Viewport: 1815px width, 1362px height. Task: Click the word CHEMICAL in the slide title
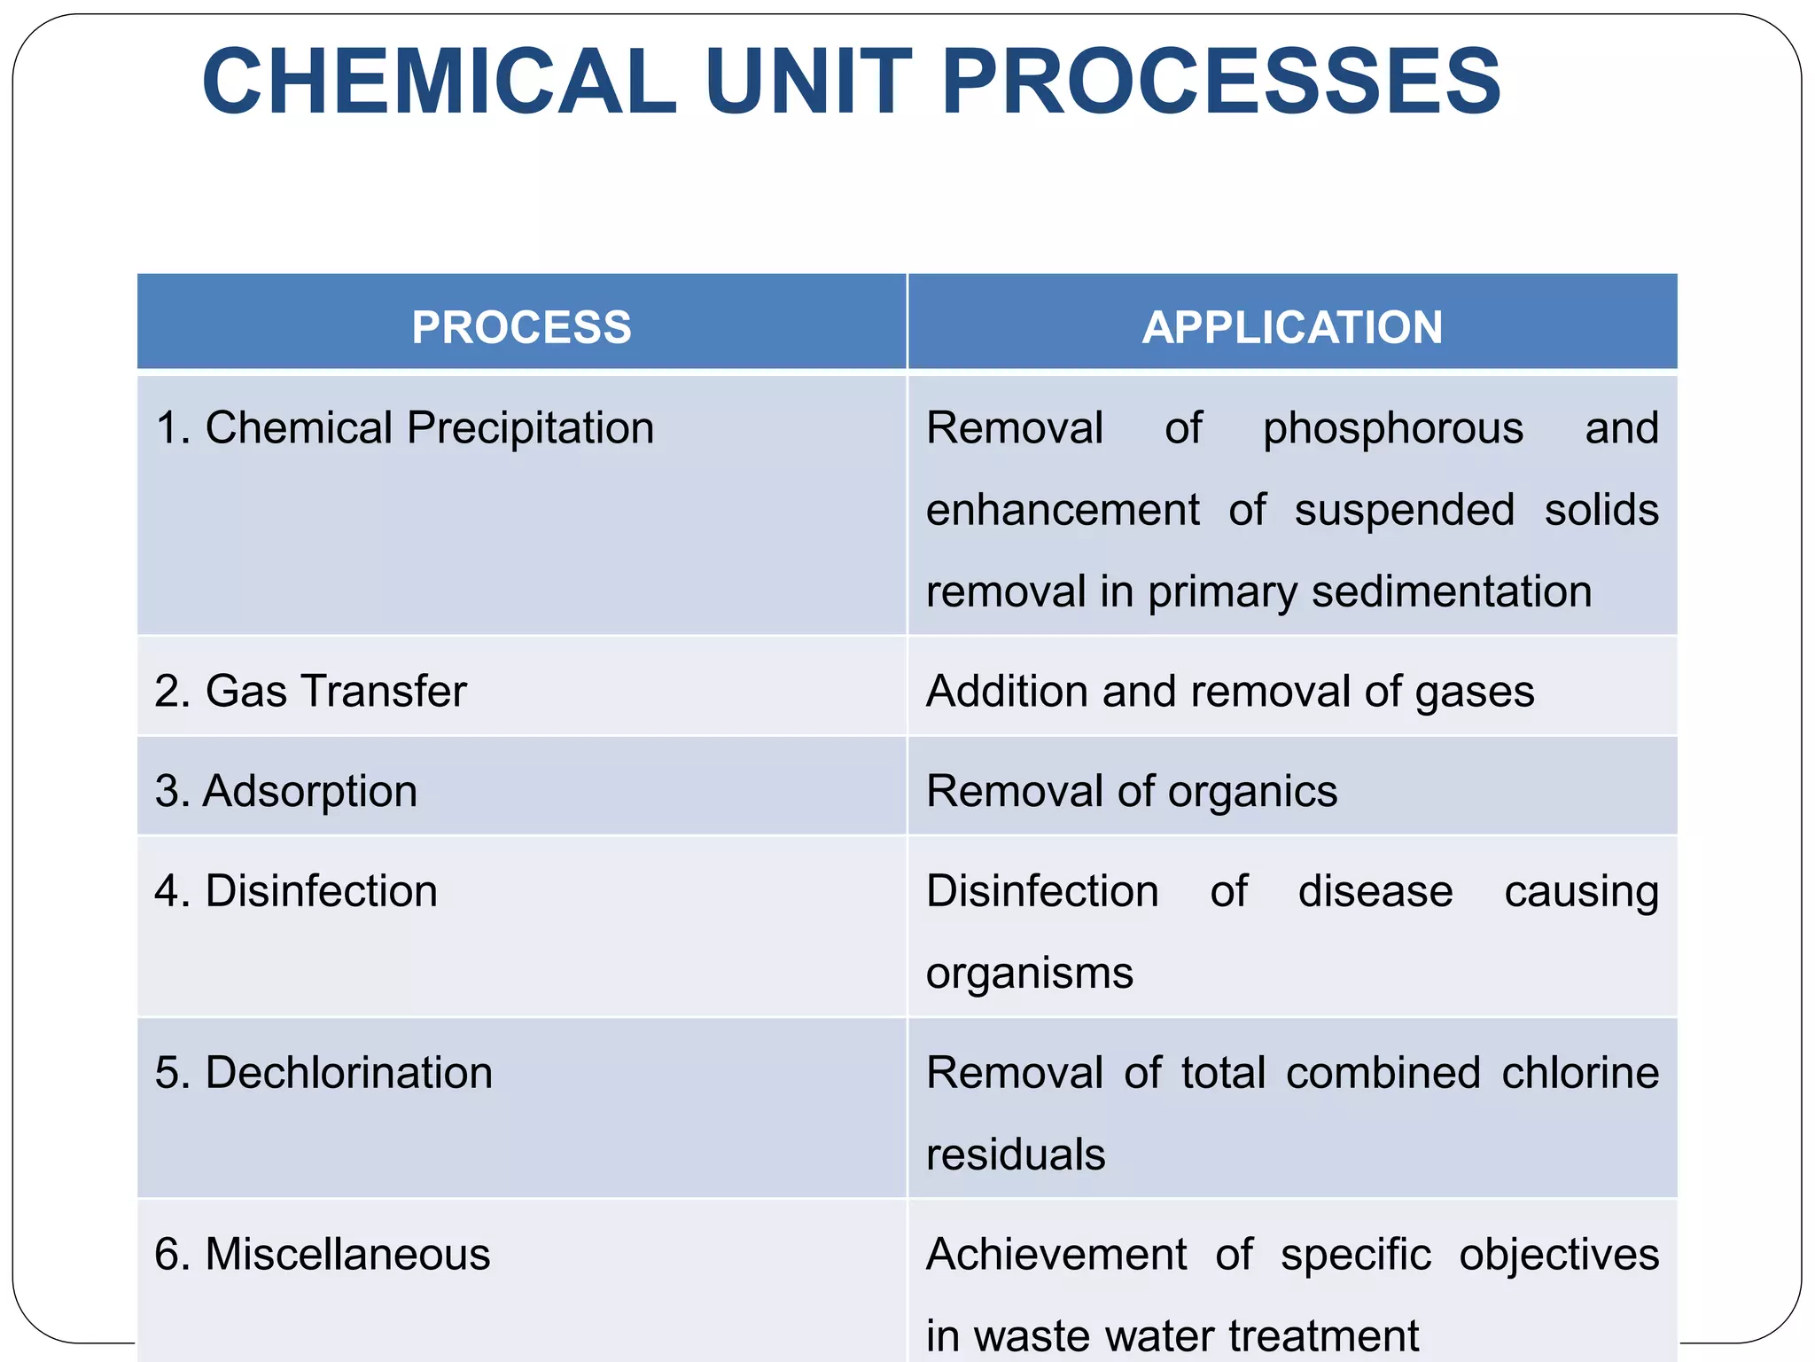[x=440, y=82]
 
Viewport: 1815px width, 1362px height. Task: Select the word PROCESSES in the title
[x=1221, y=82]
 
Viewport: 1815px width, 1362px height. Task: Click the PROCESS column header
[x=521, y=327]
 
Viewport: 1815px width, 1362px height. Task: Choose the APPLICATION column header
[x=1292, y=327]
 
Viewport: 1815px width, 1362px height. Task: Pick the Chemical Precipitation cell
[x=405, y=428]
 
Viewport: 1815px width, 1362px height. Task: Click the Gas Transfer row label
[x=310, y=692]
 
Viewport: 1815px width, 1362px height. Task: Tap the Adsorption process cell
[x=286, y=791]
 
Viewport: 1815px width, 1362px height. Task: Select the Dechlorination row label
[x=323, y=1073]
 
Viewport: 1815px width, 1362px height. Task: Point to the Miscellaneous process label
[x=323, y=1255]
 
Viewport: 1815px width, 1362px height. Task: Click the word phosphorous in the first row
[x=1393, y=429]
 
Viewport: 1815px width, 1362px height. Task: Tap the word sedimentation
[x=1452, y=592]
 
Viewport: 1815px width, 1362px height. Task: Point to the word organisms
[x=1030, y=974]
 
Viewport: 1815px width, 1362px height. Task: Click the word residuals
[x=1016, y=1155]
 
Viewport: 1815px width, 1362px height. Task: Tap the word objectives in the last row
[x=1559, y=1255]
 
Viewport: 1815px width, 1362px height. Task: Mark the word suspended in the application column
[x=1405, y=511]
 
